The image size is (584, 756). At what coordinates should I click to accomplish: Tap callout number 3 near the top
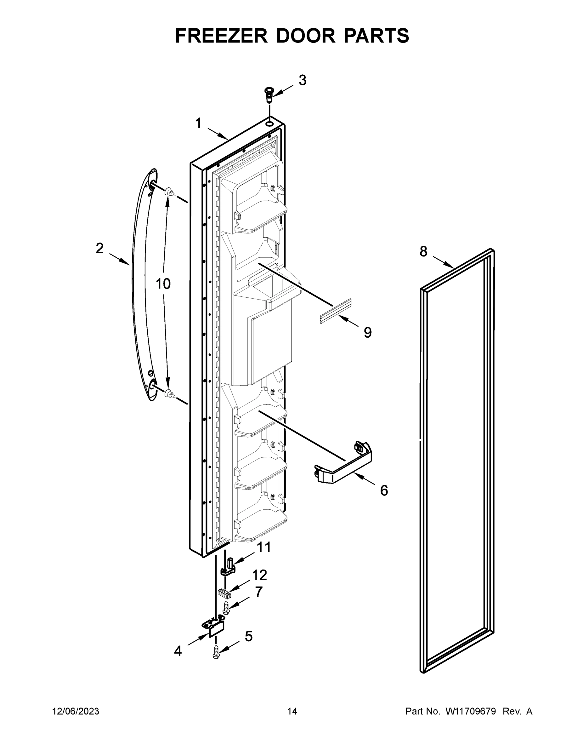[x=302, y=80]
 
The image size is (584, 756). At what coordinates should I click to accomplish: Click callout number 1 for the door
[x=198, y=123]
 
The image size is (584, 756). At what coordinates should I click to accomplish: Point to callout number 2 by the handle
[x=99, y=248]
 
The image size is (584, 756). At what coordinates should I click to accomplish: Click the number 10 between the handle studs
[x=163, y=284]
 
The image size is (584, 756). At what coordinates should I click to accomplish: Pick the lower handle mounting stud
[x=169, y=393]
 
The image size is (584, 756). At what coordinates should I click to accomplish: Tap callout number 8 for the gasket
[x=423, y=251]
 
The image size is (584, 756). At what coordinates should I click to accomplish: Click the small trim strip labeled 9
[x=335, y=311]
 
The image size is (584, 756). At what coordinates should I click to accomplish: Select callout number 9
[x=367, y=333]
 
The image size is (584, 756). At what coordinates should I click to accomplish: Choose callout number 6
[x=384, y=490]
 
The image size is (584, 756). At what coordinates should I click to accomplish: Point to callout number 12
[x=259, y=575]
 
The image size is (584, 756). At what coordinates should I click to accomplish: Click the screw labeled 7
[x=226, y=608]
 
